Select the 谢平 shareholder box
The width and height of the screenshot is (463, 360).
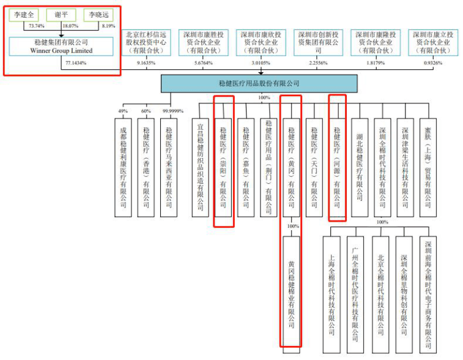coord(62,15)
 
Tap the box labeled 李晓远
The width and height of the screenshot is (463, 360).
coord(99,15)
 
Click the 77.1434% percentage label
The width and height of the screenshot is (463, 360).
coord(75,62)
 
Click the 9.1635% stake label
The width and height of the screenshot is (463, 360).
coord(146,63)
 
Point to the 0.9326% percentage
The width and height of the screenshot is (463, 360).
coord(432,63)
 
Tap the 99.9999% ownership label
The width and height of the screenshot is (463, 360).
coord(171,111)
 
